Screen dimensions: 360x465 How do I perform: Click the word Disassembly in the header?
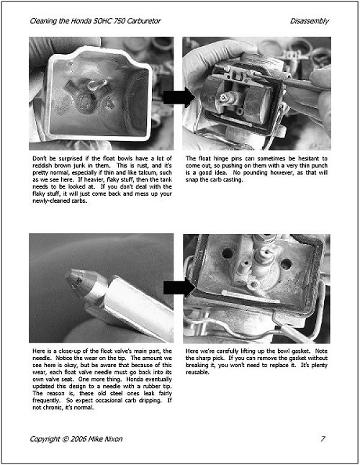(310, 22)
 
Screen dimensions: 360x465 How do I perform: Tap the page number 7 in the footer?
(323, 438)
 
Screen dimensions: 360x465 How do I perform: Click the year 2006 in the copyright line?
(78, 439)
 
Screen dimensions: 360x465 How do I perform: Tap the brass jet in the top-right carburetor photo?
(225, 98)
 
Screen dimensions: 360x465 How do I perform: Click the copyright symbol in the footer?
(66, 439)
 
